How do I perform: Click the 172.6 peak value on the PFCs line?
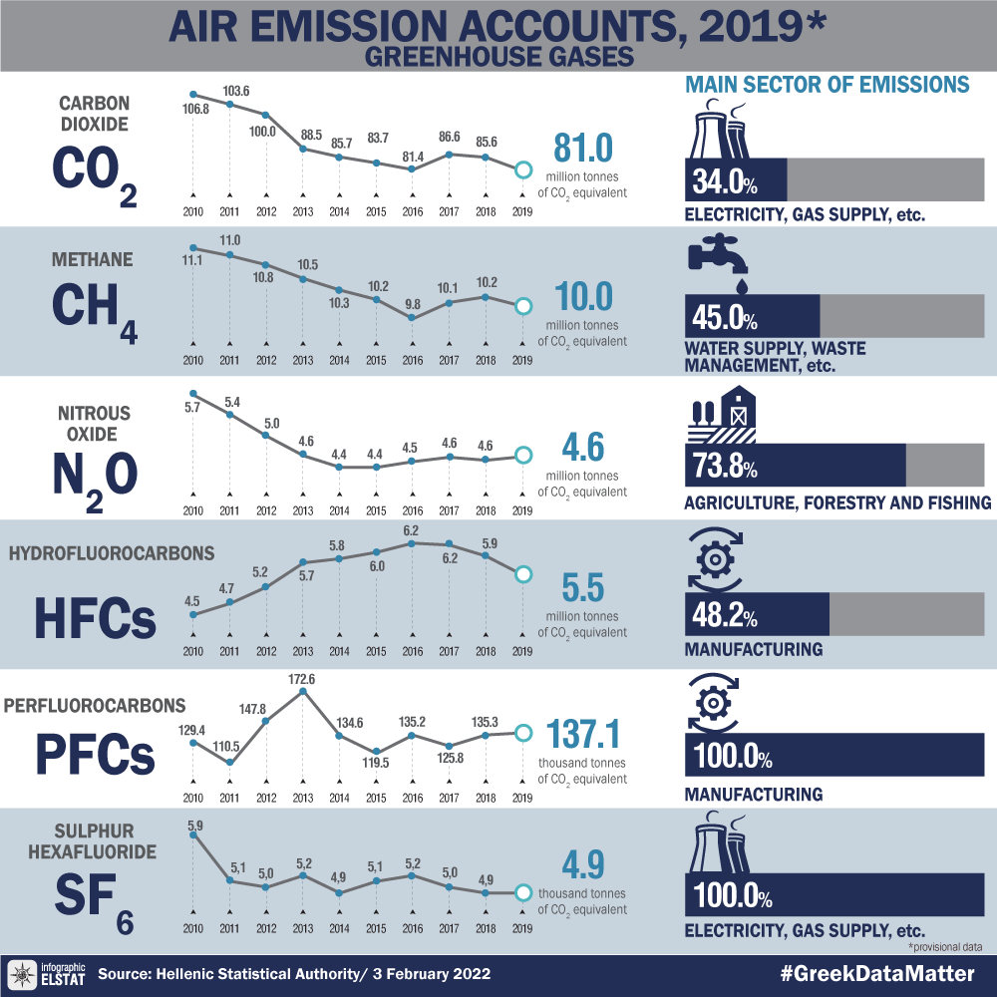pyautogui.click(x=302, y=679)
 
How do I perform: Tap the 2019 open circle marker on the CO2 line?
pyautogui.click(x=520, y=170)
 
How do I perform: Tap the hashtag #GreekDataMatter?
pyautogui.click(x=876, y=973)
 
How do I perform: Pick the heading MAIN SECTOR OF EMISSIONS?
pyautogui.click(x=828, y=85)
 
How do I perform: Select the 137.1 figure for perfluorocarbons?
pyautogui.click(x=584, y=736)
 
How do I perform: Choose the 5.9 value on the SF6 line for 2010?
pyautogui.click(x=195, y=826)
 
